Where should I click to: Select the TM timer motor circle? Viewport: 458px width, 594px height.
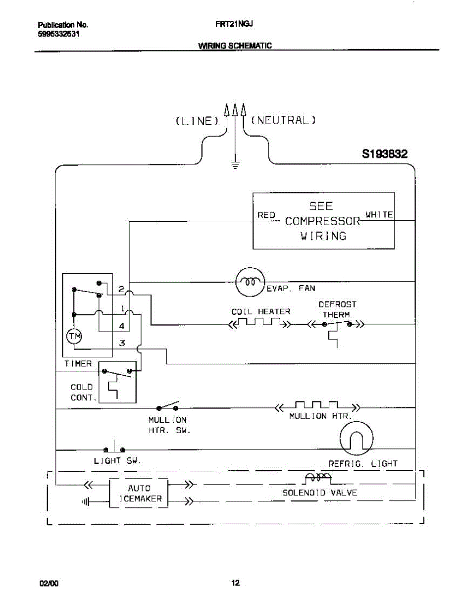74,336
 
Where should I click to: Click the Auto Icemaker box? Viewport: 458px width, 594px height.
139,493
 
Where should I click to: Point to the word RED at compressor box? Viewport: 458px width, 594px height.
266,215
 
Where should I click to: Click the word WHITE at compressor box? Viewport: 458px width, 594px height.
379,214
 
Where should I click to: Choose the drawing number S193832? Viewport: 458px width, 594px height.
385,154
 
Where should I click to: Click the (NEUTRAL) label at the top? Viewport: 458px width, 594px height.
284,120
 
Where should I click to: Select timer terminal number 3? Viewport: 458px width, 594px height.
121,343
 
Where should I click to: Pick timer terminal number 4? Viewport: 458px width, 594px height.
121,326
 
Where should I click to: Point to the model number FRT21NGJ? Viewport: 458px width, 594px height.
235,23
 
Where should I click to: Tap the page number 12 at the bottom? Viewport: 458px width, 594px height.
235,582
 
